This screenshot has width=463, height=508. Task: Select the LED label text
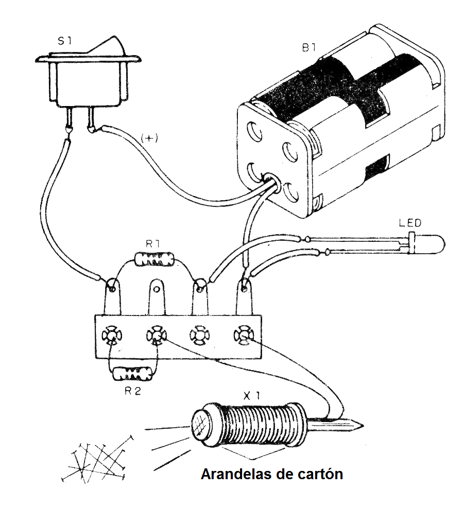(410, 223)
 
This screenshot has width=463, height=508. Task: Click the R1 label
(153, 244)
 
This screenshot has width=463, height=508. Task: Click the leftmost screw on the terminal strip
(111, 336)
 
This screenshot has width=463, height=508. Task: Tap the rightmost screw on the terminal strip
(243, 336)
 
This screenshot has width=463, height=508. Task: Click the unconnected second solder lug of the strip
(156, 291)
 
